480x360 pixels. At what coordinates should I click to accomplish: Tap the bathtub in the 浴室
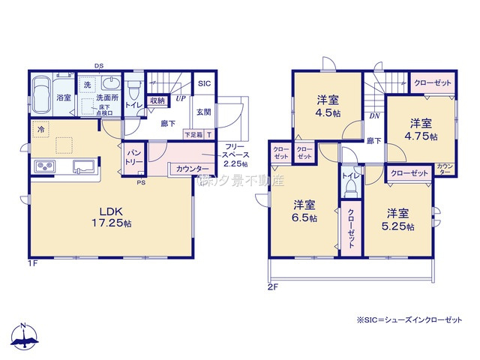tap(43, 97)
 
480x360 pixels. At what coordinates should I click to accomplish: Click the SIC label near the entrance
tap(204, 85)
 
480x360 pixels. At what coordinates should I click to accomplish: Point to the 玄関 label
tap(204, 112)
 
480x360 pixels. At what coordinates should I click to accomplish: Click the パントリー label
tap(133, 157)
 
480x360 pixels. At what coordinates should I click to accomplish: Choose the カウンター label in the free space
tap(193, 169)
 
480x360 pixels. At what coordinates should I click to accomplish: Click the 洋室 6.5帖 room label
tap(304, 210)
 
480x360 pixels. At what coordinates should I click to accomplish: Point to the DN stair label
tap(373, 116)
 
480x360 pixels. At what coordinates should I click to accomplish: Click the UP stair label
tap(181, 98)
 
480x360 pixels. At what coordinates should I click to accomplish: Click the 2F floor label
tap(273, 286)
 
